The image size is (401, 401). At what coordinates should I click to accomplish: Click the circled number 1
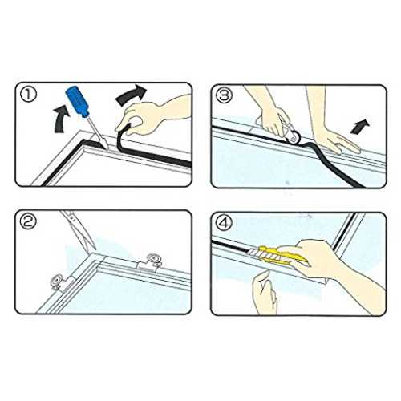[x=28, y=95]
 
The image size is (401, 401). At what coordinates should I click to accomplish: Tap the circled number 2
[x=28, y=222]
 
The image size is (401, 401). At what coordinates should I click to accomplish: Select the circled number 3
[x=225, y=95]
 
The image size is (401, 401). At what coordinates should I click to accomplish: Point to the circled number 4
[x=225, y=222]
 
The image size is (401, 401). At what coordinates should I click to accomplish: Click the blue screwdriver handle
[x=77, y=102]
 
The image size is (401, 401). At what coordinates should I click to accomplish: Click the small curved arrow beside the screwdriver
[x=62, y=119]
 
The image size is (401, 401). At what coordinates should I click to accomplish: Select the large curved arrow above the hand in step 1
[x=132, y=95]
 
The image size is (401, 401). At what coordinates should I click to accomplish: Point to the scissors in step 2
[x=78, y=229]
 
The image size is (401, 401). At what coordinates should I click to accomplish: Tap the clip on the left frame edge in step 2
[x=62, y=282]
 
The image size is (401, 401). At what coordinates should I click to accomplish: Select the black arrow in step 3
[x=360, y=127]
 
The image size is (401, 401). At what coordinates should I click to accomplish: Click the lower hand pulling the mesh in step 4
[x=265, y=292]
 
